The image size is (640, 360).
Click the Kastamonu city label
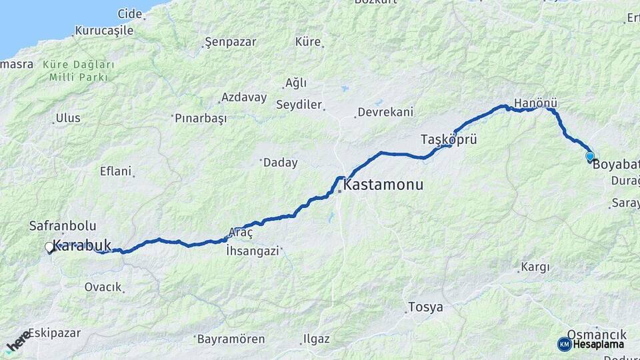click(383, 185)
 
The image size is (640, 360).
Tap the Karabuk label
click(82, 245)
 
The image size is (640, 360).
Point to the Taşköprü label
click(449, 139)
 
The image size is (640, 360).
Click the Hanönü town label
click(535, 103)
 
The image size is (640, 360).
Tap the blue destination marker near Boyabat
click(590, 157)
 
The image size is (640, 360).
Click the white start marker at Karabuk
click(49, 248)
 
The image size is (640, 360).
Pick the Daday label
click(279, 163)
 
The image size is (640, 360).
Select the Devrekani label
click(385, 112)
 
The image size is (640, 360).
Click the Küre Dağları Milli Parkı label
click(78, 71)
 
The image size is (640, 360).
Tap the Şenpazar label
click(230, 42)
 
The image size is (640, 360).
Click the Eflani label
click(115, 171)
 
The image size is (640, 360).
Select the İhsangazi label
click(253, 251)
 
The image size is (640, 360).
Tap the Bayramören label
click(231, 339)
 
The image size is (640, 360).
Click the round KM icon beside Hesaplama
click(564, 344)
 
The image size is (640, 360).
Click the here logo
click(18, 341)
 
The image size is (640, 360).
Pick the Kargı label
click(535, 267)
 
